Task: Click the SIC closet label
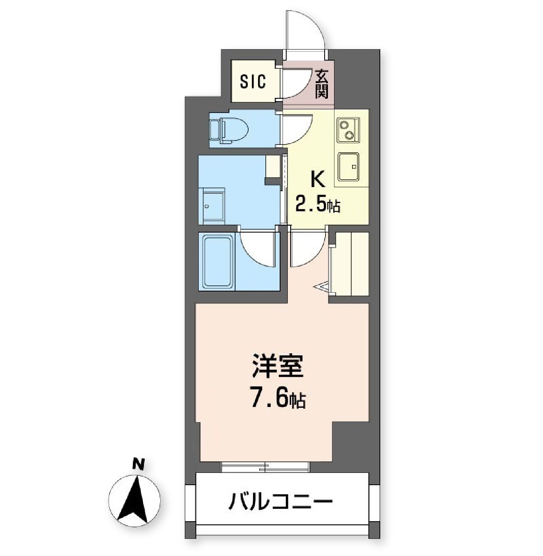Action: [253, 81]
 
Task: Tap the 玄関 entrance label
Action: [322, 84]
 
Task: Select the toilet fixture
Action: [229, 129]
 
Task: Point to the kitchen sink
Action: [348, 167]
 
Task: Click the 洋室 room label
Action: [278, 366]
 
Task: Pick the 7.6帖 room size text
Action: [278, 399]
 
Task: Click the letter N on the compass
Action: [139, 464]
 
